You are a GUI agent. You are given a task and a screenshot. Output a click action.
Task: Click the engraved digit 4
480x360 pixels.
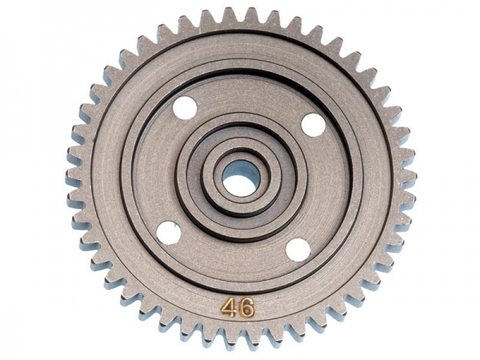(229, 308)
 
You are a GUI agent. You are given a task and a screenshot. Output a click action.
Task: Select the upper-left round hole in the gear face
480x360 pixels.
(185, 107)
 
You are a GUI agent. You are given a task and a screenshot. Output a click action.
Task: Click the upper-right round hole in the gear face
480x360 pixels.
(313, 125)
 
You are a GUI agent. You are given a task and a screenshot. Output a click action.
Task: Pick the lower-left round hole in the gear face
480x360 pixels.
(168, 233)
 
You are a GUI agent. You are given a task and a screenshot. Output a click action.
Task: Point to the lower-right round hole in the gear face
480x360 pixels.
(297, 250)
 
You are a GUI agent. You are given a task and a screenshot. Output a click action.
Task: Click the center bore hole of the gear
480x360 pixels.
(238, 181)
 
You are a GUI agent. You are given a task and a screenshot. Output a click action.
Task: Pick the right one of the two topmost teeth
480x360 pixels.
(250, 15)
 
